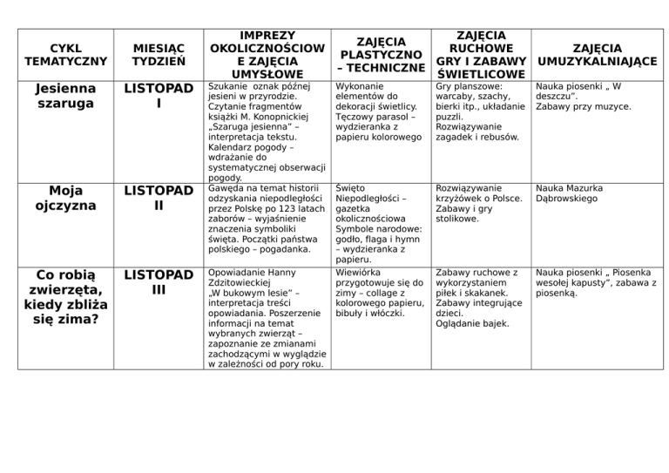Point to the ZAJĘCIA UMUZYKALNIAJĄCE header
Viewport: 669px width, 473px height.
(597, 54)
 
